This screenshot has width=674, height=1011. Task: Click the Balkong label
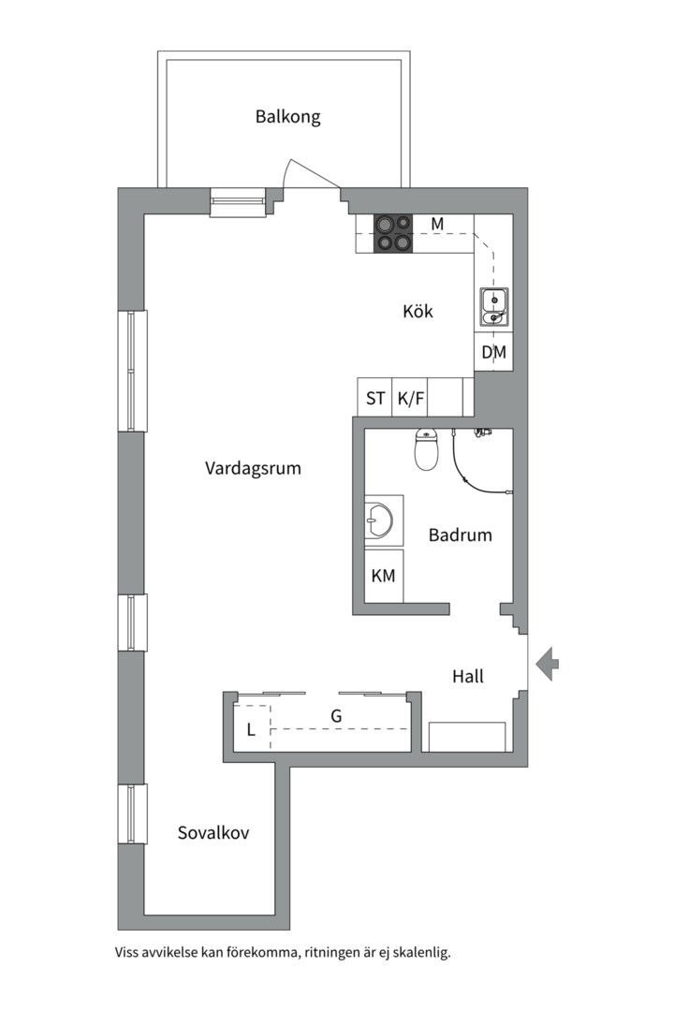287,117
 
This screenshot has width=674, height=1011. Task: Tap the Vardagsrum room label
253,468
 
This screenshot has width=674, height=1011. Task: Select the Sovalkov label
213,832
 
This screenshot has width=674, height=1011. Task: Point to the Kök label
418,311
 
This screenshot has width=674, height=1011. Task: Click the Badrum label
461,535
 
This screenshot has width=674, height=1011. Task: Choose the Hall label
468,677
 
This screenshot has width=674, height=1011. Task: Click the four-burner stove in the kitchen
393,233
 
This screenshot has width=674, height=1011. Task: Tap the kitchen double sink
494,308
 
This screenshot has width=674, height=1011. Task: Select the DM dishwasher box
493,352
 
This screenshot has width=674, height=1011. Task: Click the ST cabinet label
375,399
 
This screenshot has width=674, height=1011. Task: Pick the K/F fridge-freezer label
411,399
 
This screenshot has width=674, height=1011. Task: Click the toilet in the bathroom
426,449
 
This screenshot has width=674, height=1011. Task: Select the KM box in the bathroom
384,576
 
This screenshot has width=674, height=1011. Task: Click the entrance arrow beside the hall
547,664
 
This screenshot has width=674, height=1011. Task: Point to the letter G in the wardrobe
336,716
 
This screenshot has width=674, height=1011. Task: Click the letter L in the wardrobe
252,730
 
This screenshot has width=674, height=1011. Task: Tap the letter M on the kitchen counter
437,224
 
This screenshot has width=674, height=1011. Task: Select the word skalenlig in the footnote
424,953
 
